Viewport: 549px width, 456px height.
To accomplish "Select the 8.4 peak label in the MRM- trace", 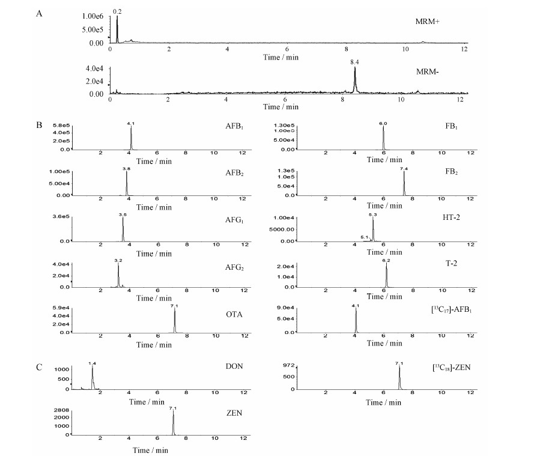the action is click(x=355, y=62).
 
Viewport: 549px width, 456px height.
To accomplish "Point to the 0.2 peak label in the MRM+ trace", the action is click(x=117, y=11).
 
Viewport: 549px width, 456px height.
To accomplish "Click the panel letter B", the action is click(x=39, y=126).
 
